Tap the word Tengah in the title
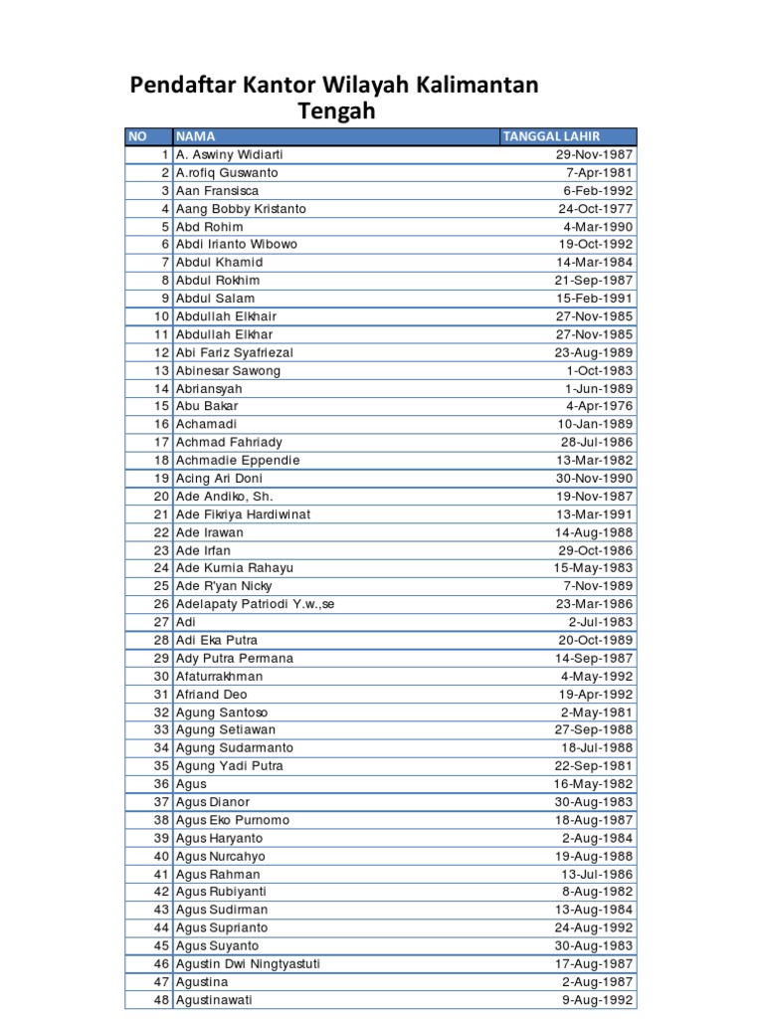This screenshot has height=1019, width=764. [x=337, y=111]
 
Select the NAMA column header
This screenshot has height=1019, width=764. [x=196, y=136]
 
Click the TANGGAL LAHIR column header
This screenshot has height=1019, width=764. [x=551, y=136]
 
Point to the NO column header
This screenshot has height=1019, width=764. [x=137, y=136]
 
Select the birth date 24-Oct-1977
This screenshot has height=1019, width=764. [x=595, y=209]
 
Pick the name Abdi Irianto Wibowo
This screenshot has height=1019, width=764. [x=236, y=244]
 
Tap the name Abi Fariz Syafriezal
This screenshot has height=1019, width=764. [x=234, y=352]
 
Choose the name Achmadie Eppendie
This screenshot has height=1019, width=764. [x=237, y=461]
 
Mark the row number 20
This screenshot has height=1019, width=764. [x=161, y=497]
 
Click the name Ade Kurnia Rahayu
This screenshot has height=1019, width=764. [x=236, y=568]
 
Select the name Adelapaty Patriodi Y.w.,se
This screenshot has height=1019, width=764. [x=255, y=604]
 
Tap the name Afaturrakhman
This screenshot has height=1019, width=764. [x=221, y=677]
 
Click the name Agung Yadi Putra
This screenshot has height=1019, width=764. [x=229, y=766]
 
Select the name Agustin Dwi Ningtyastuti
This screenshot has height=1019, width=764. [x=248, y=964]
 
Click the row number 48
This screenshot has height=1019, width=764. [x=161, y=1000]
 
